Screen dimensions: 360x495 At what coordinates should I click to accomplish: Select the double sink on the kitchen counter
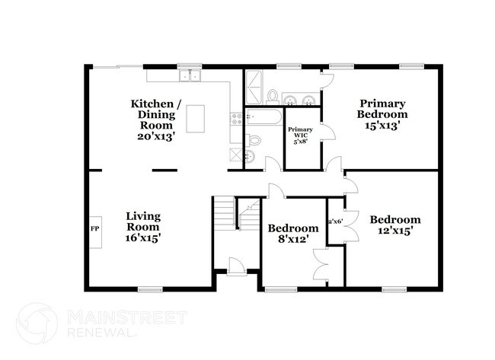pos(189,76)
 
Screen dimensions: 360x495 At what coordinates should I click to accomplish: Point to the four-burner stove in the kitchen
pos(236,119)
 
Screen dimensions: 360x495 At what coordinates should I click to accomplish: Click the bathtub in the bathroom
pos(263,118)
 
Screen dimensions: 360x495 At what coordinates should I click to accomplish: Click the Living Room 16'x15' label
pos(142,227)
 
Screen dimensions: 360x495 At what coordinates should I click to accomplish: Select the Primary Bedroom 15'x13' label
pos(383,113)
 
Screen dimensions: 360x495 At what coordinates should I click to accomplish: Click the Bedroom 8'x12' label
pos(292,234)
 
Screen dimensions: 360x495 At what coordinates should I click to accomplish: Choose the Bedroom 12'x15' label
pos(395,225)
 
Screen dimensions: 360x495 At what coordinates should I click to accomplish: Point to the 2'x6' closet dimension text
pos(334,221)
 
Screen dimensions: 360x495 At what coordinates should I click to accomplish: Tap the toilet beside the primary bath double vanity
pos(272,96)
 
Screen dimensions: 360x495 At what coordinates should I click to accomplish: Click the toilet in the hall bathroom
pos(254,140)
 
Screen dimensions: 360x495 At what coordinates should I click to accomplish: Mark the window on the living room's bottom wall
pos(150,288)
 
